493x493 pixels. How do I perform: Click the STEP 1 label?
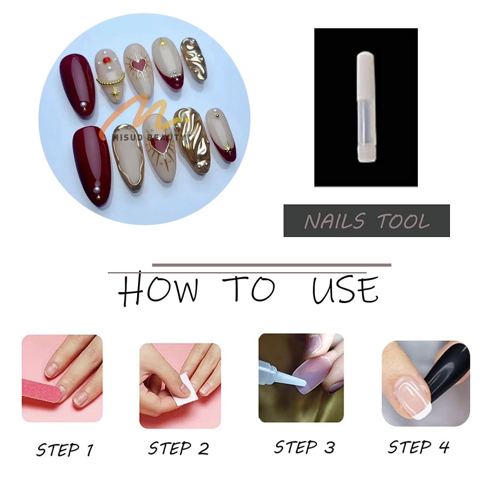pyautogui.click(x=65, y=449)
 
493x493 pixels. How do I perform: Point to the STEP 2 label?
pyautogui.click(x=178, y=448)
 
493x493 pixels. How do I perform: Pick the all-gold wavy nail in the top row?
pyautogui.click(x=194, y=59)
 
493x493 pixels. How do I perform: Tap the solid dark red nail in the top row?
pyautogui.click(x=78, y=86)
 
